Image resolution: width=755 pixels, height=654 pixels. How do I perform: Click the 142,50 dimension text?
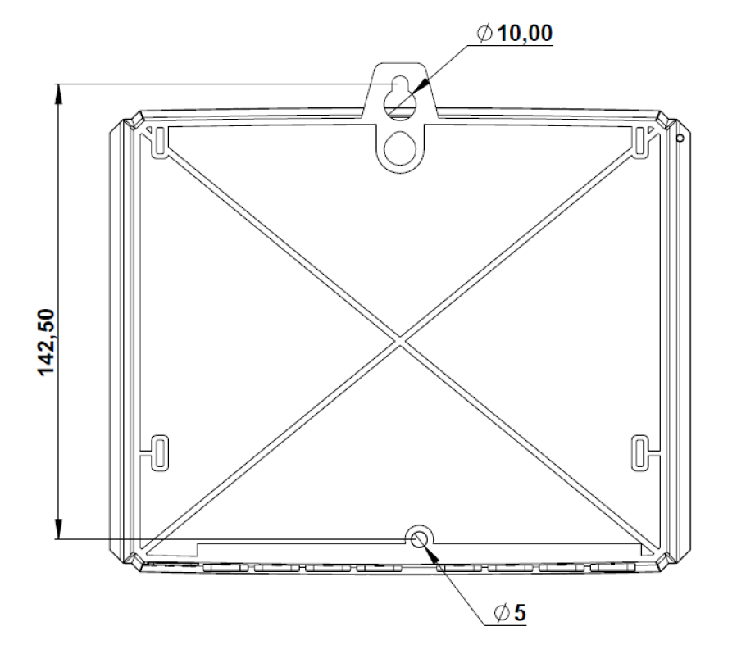coord(47,342)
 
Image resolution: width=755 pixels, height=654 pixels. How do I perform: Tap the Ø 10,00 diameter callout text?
coord(515,34)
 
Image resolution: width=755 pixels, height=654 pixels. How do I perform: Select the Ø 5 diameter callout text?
coord(511,613)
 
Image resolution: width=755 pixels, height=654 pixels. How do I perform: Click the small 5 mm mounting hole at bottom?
coord(420,539)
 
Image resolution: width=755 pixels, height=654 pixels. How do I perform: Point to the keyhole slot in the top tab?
coord(400,98)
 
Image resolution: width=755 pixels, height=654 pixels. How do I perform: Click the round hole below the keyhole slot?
coord(400,148)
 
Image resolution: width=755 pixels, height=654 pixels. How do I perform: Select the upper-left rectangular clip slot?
coord(160,142)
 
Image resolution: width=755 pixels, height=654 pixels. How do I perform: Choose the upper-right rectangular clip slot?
coord(639,142)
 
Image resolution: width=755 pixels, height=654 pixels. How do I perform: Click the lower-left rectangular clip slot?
coord(160,453)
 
